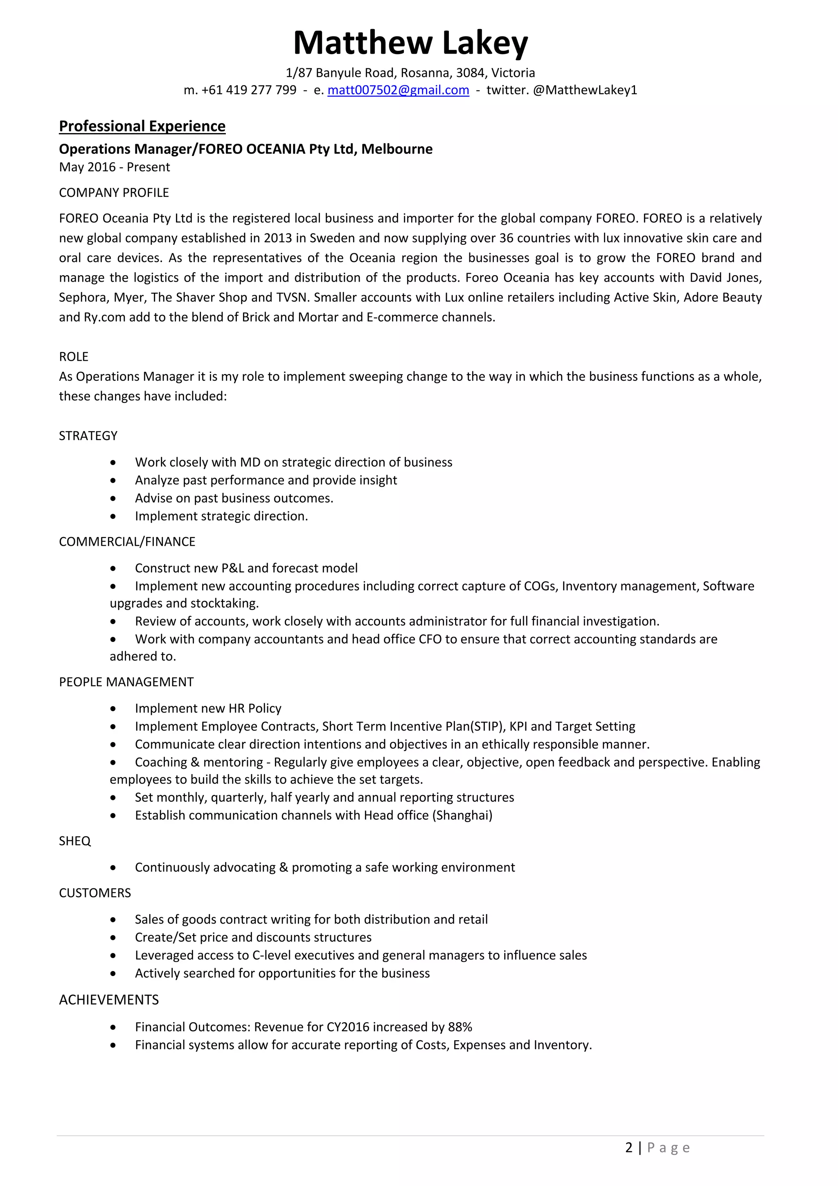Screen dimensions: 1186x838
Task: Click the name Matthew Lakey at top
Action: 410,43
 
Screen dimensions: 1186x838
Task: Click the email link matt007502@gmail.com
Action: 398,90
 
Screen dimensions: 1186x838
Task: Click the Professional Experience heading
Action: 142,126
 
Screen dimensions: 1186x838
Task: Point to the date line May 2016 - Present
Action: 114,167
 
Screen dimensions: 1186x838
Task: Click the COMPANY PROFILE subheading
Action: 114,193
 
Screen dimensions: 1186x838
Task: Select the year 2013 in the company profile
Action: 278,238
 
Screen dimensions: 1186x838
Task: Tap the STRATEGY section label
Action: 88,436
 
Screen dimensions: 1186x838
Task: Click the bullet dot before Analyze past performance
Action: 113,481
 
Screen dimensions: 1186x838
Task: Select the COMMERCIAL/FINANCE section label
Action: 127,542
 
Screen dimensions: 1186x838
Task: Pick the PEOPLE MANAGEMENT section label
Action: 126,682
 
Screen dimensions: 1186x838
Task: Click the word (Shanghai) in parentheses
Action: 462,815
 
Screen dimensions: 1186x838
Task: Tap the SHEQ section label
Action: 74,841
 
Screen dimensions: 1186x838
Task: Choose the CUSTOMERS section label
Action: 95,893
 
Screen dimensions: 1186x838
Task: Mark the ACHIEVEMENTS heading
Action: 108,1000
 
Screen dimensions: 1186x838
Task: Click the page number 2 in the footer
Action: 628,1148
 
